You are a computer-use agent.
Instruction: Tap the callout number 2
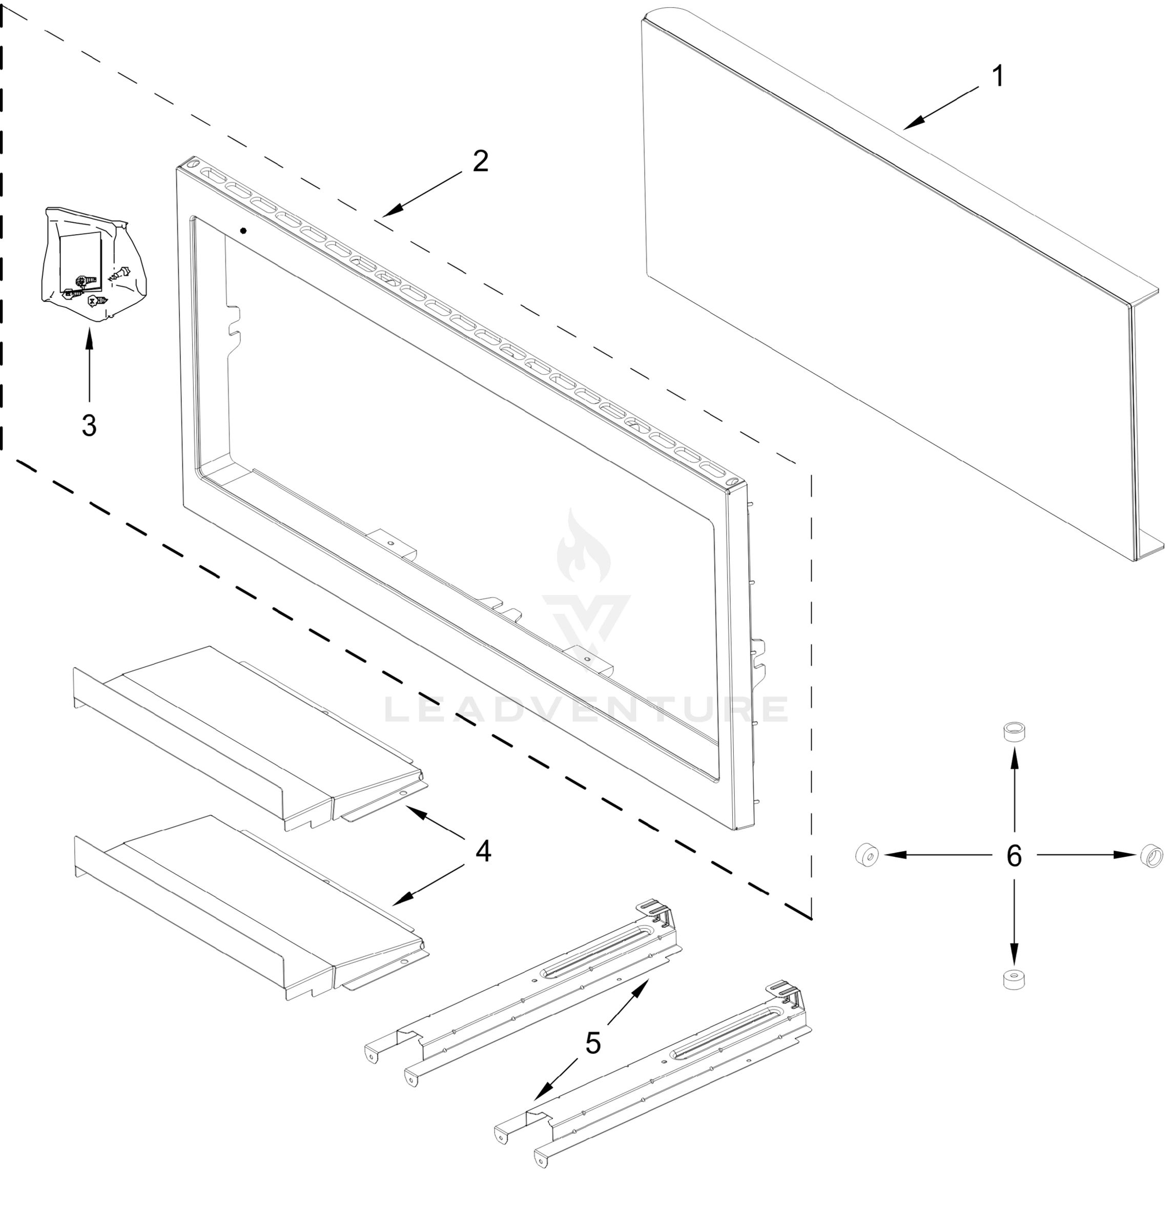click(480, 162)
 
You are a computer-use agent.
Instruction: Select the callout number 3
click(89, 426)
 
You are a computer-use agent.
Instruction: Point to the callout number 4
click(483, 851)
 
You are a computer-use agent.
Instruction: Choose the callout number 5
click(593, 1043)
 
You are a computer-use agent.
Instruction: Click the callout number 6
click(1014, 855)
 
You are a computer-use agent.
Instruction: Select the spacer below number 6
click(1013, 979)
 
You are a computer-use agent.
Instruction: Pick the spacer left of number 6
click(867, 855)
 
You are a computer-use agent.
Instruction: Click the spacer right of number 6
click(1151, 855)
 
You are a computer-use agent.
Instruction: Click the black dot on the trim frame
click(243, 231)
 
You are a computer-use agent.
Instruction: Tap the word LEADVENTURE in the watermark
click(585, 709)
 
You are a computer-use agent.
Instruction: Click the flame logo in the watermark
click(584, 547)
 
